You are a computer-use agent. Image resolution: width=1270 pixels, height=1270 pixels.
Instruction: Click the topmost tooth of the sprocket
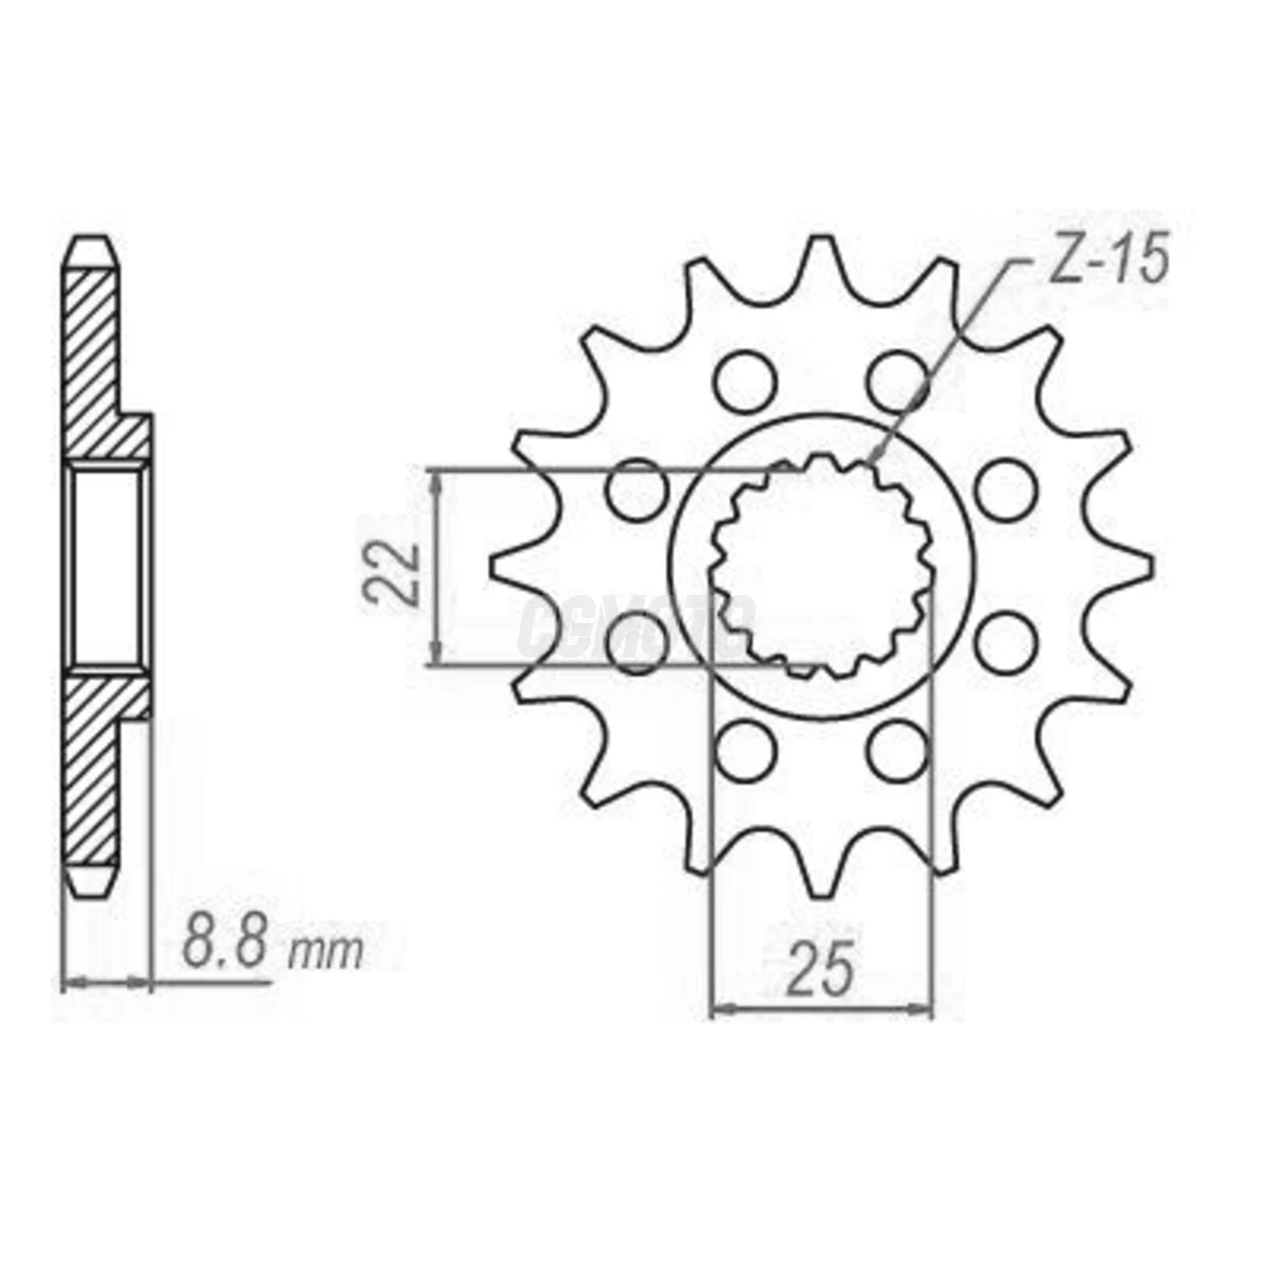[821, 259]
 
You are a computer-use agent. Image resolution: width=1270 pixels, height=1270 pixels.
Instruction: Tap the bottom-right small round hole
[897, 750]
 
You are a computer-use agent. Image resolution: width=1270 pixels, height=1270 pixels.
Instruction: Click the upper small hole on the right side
[1005, 490]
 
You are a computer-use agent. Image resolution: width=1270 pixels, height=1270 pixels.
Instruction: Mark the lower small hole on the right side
[1005, 642]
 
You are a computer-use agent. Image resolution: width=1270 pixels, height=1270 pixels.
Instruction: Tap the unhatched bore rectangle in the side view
[107, 567]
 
